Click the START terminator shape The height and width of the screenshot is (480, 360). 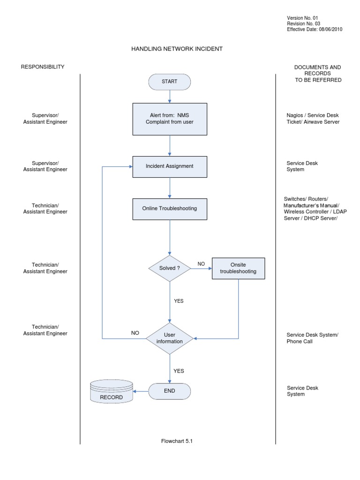click(x=169, y=82)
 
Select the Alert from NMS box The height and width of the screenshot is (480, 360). click(x=169, y=119)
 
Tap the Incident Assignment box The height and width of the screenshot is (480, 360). click(x=169, y=166)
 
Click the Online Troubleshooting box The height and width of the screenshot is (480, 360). click(x=169, y=209)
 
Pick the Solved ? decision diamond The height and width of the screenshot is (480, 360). click(x=169, y=268)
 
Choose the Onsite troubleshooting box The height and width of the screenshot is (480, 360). click(x=238, y=268)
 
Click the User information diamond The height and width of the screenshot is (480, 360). click(x=169, y=338)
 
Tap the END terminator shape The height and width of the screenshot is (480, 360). click(x=169, y=391)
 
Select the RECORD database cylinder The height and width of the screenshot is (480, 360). click(x=111, y=391)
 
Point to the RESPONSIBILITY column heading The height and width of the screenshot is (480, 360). click(x=43, y=67)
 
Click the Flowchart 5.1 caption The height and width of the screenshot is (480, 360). click(x=177, y=441)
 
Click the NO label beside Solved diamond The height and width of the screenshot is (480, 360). click(x=201, y=264)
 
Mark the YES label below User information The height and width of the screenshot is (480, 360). click(x=179, y=371)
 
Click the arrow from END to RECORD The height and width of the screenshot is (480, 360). click(x=141, y=391)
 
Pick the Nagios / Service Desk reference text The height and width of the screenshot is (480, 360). click(x=312, y=115)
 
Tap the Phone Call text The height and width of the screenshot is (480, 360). click(x=300, y=341)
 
